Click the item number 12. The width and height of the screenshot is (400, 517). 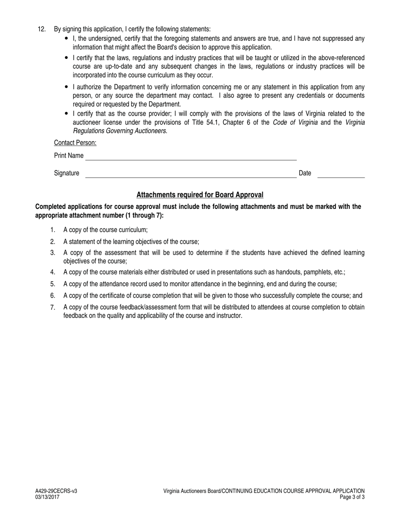(x=41, y=29)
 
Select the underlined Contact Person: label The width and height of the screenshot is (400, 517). (x=75, y=143)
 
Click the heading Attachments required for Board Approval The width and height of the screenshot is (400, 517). (x=200, y=195)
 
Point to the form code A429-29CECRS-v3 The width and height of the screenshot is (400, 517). (x=56, y=491)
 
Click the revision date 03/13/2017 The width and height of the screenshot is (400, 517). (x=48, y=497)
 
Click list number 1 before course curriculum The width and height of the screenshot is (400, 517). (x=53, y=230)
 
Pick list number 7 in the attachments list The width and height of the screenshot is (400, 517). (x=53, y=307)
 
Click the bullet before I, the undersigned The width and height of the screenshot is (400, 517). (x=67, y=38)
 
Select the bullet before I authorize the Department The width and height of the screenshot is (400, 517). (x=67, y=87)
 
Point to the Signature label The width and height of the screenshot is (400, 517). (x=67, y=173)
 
